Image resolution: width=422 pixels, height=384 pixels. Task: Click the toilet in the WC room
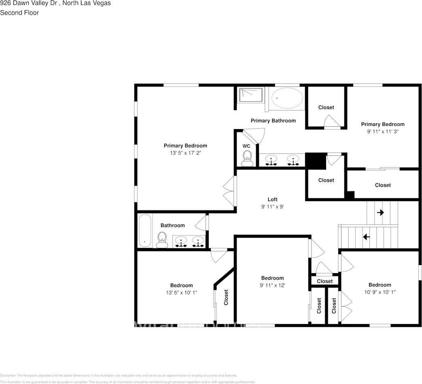point(246,158)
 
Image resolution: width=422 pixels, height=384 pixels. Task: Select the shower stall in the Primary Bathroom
point(251,95)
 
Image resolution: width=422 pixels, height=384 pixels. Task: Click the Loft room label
point(273,199)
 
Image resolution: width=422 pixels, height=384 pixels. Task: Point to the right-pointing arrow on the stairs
point(380,212)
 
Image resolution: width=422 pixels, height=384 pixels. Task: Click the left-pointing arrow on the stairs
point(367,237)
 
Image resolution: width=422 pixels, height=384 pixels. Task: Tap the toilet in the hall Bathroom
point(162,240)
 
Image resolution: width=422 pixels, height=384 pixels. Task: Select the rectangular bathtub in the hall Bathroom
point(145,231)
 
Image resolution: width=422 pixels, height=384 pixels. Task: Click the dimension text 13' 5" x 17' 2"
point(185,153)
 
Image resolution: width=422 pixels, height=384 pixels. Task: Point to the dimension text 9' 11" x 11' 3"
point(382,132)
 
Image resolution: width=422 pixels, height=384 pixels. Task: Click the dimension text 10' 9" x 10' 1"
point(380,292)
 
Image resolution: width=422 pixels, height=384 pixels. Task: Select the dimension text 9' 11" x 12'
point(272,285)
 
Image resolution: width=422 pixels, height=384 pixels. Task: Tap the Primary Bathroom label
point(273,121)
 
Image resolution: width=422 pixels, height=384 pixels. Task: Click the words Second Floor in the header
point(19,13)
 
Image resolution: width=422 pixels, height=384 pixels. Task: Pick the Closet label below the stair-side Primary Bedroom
point(383,185)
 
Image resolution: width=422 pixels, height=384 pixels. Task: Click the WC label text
point(246,146)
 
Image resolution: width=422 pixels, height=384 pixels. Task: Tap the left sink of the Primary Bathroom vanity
point(271,160)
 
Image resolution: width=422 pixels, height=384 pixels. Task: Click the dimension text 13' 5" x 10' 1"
point(181,293)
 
